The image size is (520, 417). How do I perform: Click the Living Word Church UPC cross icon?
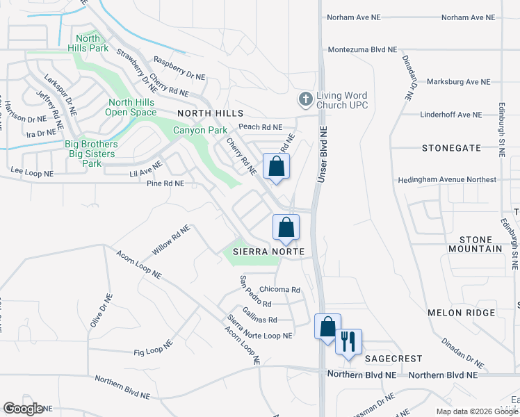305,99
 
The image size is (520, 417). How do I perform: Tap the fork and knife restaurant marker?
349,341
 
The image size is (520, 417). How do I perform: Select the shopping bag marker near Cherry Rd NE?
276,166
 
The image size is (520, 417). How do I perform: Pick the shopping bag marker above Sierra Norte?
285,227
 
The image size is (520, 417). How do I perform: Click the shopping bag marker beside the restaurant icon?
327,326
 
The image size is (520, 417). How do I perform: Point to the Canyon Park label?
200,130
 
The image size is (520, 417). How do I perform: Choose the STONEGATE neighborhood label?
451,148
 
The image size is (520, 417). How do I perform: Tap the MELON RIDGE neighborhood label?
455,313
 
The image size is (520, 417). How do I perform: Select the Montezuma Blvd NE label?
362,50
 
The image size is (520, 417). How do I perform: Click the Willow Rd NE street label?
170,240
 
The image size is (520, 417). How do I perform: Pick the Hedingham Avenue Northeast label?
447,179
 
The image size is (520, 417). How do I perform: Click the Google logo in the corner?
23,409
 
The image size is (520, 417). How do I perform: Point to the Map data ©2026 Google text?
476,411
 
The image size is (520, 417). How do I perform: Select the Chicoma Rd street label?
279,289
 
